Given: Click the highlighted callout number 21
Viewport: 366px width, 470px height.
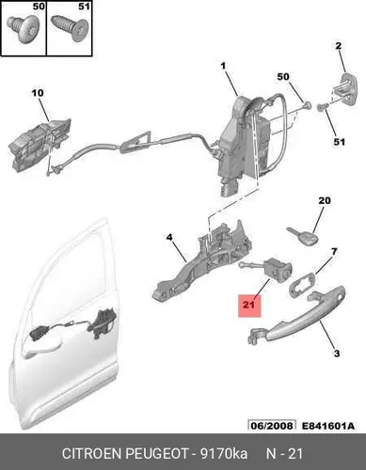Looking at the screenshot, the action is click(249, 305).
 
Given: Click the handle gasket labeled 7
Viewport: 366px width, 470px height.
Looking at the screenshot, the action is click(301, 283).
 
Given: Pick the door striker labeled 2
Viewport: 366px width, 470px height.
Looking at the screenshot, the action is click(344, 89).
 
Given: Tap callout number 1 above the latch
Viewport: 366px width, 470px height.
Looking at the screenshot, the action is click(223, 66).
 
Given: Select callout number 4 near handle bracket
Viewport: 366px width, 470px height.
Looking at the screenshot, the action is click(169, 238).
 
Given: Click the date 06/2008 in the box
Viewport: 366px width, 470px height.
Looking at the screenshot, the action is click(272, 426).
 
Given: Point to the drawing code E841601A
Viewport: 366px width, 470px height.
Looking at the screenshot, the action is click(328, 426).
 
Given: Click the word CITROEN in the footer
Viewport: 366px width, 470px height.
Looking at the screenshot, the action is click(92, 453).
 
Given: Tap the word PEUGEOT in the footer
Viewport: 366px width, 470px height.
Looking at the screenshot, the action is click(157, 453).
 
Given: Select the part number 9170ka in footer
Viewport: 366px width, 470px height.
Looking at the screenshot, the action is click(224, 453).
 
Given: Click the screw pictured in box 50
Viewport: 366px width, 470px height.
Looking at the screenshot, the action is click(23, 29).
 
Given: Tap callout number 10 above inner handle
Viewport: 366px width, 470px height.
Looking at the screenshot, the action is click(38, 93).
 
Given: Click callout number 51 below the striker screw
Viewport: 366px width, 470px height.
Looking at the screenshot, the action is click(339, 142).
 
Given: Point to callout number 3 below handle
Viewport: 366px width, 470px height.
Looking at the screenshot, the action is click(337, 353).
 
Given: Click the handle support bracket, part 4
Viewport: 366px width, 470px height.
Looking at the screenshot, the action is click(201, 263).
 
